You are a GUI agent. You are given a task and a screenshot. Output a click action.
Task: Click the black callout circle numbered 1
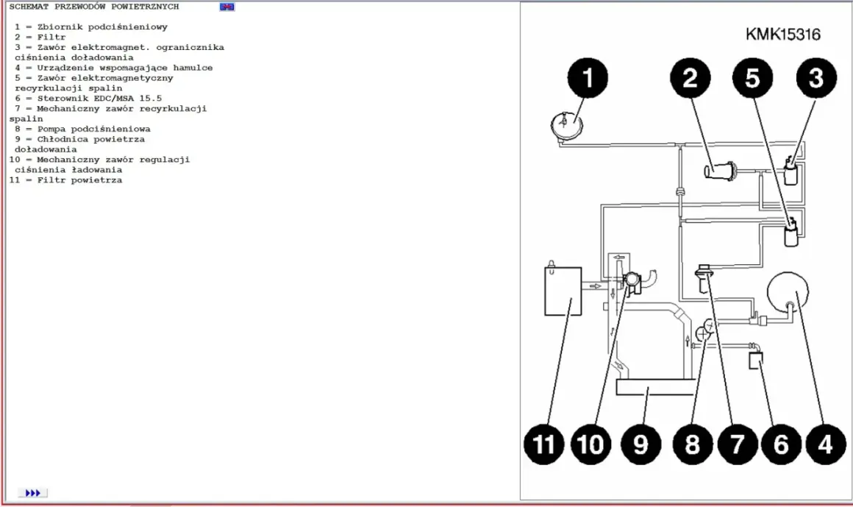pos(588,78)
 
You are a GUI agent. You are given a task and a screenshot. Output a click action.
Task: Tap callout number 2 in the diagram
pos(690,78)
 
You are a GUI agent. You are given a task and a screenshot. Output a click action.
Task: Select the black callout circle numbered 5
pos(753,78)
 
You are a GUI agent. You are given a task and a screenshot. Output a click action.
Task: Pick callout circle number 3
pos(816,78)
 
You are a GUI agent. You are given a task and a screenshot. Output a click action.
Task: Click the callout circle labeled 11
pos(544,444)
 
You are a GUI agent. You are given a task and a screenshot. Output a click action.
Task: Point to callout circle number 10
pos(590,444)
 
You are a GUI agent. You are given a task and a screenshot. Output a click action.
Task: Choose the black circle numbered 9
pos(640,444)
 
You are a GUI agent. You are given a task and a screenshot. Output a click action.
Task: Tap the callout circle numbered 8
pos(693,444)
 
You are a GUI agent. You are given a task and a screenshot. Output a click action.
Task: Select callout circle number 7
pos(738,444)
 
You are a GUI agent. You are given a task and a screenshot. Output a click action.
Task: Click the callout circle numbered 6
pos(781,444)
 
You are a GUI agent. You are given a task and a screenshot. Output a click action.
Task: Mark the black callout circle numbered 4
pos(826,444)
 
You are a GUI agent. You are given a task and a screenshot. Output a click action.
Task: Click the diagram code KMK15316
pos(783,35)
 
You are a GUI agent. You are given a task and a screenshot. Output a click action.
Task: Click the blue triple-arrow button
pos(32,493)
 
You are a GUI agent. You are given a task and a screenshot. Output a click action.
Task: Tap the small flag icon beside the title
pos(226,7)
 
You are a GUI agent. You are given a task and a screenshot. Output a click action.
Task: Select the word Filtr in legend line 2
pos(51,37)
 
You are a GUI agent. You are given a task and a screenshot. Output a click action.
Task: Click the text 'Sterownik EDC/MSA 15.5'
pos(99,99)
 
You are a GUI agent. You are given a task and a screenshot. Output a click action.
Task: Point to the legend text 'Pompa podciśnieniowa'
pos(93,129)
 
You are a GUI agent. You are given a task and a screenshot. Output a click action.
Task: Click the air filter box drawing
pos(563,291)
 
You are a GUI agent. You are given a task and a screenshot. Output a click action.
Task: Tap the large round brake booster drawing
pos(787,292)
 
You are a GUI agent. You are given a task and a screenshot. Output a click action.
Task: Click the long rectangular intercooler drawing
pos(655,387)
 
